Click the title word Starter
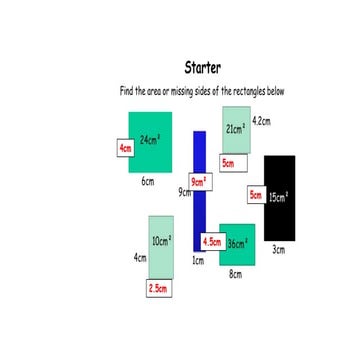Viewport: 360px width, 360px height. [x=203, y=69]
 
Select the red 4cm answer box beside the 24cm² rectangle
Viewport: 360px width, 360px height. [x=125, y=148]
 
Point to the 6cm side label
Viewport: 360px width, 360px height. [x=147, y=182]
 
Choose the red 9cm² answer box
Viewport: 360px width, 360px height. [x=199, y=181]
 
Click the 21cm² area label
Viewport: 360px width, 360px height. [x=235, y=128]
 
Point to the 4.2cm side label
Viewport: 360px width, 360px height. [x=262, y=120]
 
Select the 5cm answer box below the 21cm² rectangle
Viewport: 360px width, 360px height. [x=228, y=162]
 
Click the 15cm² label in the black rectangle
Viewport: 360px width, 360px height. [x=278, y=196]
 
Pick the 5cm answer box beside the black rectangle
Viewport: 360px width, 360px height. [x=256, y=196]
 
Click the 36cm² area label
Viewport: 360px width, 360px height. [x=238, y=243]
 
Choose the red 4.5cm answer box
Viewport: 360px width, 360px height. [x=212, y=242]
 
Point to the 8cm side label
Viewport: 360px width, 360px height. [x=235, y=273]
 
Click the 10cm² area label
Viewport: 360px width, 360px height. [x=161, y=241]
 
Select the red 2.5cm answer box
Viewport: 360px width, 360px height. [x=158, y=288]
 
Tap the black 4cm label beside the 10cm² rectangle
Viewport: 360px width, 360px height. [x=140, y=257]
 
